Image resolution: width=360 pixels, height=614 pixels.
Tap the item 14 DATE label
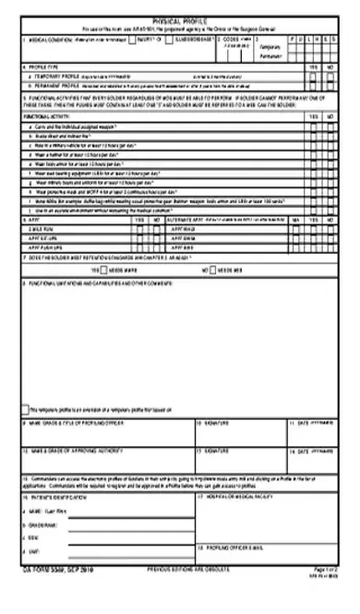[x=305, y=451]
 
